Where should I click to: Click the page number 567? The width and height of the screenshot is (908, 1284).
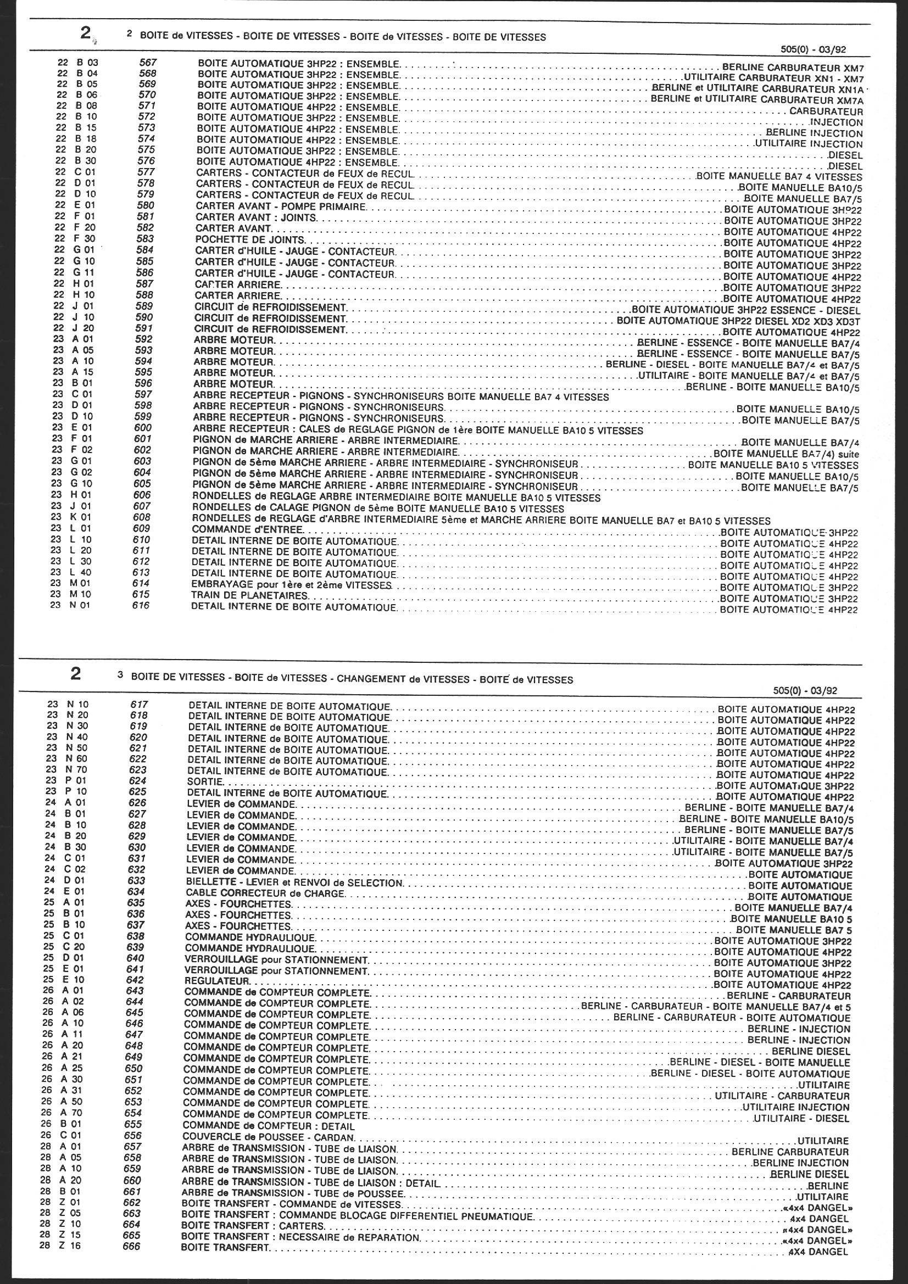[x=148, y=63]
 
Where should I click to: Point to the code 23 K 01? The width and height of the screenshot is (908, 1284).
[x=71, y=517]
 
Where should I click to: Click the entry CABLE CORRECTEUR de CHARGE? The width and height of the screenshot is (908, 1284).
[x=264, y=893]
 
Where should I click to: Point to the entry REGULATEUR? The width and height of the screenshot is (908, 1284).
[x=216, y=981]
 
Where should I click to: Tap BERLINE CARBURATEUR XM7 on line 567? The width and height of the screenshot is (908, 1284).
[x=793, y=66]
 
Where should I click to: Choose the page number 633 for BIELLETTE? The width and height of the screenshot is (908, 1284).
[x=137, y=881]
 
